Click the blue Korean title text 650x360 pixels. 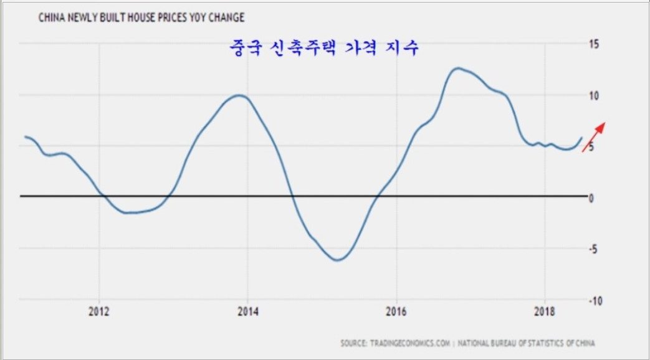pos(323,48)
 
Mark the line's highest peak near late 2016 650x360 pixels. pos(458,68)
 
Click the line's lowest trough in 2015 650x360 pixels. pos(337,260)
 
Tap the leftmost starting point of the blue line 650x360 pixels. pos(25,136)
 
